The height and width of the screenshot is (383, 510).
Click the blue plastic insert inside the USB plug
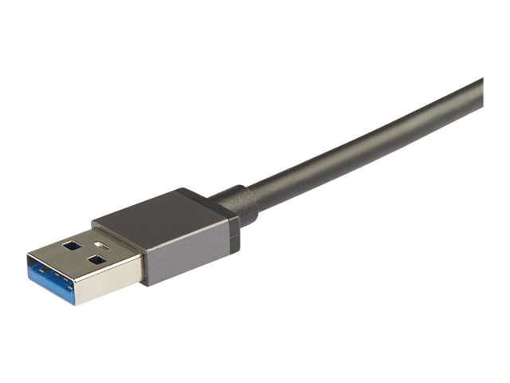click(49, 276)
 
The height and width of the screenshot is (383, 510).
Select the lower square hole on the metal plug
click(96, 259)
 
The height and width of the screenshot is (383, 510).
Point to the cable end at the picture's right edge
click(478, 94)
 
